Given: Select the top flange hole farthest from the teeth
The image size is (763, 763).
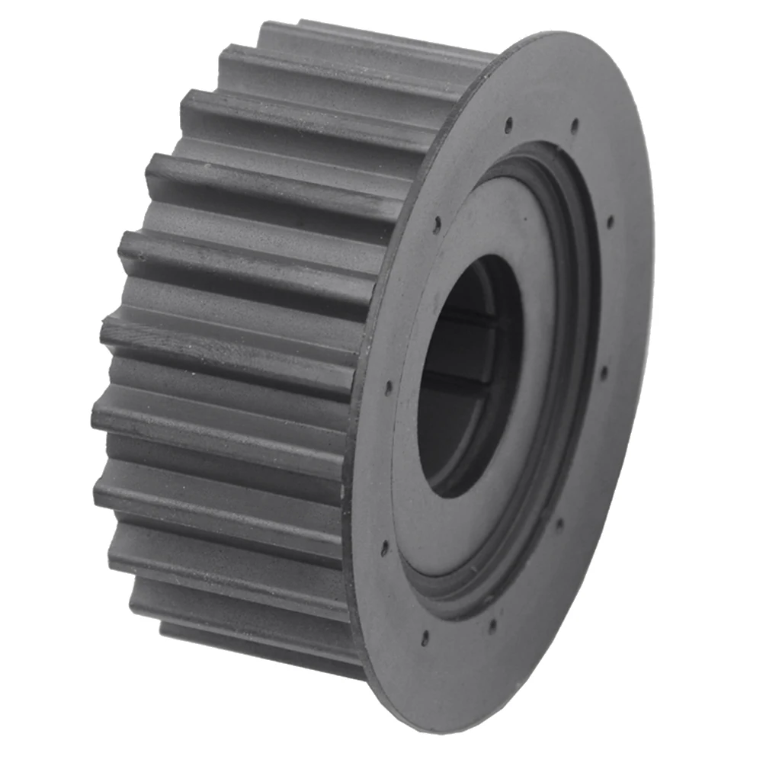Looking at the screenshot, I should tap(574, 123).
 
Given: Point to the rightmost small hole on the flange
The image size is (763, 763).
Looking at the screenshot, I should tap(610, 222).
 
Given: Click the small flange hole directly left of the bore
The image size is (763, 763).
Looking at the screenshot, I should tap(388, 387).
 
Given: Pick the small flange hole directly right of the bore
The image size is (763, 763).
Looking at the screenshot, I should tap(604, 373).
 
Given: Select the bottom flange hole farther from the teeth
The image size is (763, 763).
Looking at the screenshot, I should tap(492, 627).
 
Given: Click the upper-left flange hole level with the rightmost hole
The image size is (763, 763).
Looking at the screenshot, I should tap(437, 224).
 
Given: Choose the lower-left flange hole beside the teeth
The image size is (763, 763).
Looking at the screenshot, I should tap(385, 547).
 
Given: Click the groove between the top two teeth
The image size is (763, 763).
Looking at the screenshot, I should tap(358, 57).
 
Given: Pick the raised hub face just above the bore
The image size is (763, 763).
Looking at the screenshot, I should tap(488, 221).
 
